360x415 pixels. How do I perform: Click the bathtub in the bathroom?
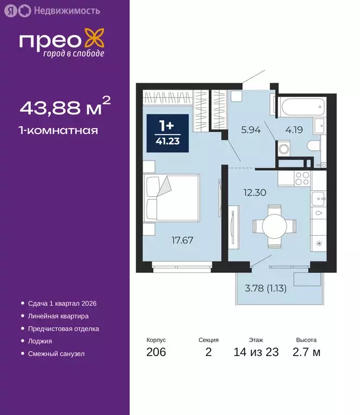click(300, 106)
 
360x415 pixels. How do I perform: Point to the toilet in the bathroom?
click(312, 146)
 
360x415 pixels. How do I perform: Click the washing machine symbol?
click(284, 149)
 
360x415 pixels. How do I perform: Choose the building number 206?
click(156, 353)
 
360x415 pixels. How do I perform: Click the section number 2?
click(209, 353)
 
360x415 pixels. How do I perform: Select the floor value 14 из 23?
click(256, 353)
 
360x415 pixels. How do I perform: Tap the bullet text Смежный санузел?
click(56, 353)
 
